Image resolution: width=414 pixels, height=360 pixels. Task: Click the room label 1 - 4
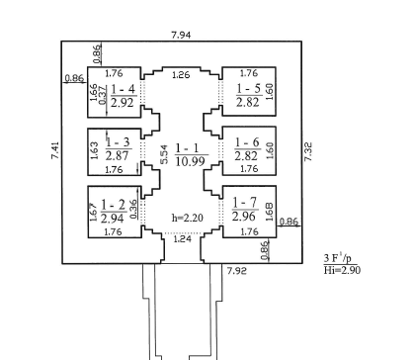coord(123,89)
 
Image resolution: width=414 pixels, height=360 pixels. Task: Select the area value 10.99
coord(191,161)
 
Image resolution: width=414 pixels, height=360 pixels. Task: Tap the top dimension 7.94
coord(181,35)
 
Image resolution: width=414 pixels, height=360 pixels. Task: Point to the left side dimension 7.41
coord(55,150)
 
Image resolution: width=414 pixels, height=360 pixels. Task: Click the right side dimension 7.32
coord(308,151)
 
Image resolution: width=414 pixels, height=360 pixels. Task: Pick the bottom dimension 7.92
coord(237,271)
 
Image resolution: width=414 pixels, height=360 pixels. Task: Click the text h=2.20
coord(188,218)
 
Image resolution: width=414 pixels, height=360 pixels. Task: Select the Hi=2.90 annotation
coord(342,270)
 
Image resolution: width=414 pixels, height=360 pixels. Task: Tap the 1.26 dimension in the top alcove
coord(181,75)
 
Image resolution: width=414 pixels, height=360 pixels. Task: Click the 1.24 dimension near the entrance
coord(182,238)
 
